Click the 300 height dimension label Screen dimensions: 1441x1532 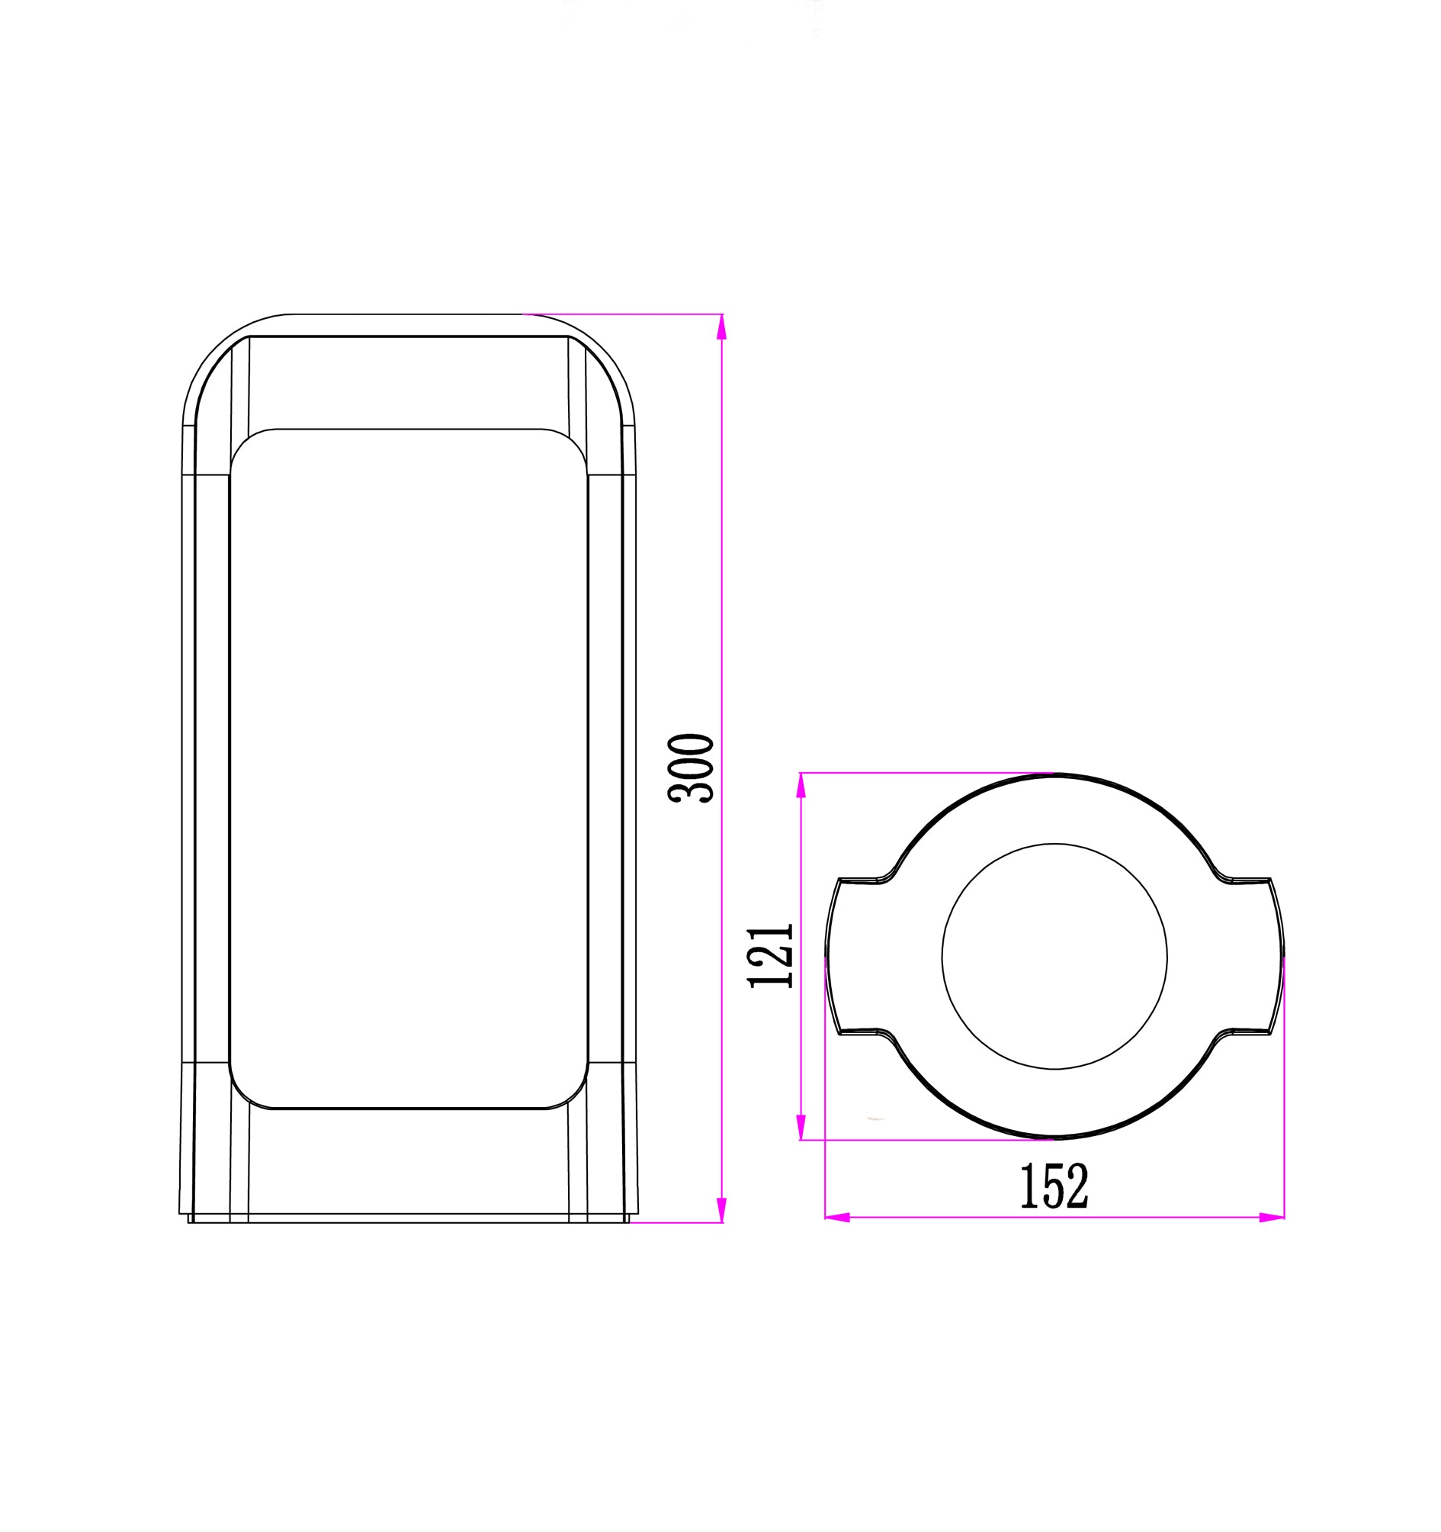pyautogui.click(x=691, y=768)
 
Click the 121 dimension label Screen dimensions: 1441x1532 pyautogui.click(x=770, y=955)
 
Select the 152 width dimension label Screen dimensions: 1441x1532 pyautogui.click(x=1054, y=1186)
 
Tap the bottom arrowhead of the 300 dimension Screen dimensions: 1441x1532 pyautogui.click(x=722, y=1210)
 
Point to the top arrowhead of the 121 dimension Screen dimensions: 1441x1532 pyautogui.click(x=801, y=785)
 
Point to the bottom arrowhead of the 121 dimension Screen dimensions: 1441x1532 pyautogui.click(x=801, y=1127)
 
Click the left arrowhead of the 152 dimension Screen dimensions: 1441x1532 pyautogui.click(x=838, y=1218)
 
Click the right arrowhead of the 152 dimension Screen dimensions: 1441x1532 pyautogui.click(x=1272, y=1218)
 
